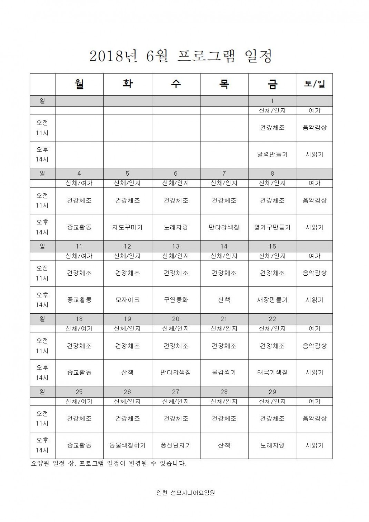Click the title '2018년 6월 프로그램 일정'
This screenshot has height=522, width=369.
coord(181,56)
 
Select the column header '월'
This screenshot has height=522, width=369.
coord(79,84)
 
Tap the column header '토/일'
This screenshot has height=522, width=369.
coord(315,84)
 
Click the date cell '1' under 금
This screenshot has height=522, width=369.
coord(272,101)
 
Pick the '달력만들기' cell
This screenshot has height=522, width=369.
coord(272,155)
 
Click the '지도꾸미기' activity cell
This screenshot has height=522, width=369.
coord(128,227)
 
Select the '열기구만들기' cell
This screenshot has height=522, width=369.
coord(272,227)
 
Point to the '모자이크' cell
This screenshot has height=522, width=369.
coord(128,300)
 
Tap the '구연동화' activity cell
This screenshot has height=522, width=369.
coord(176,300)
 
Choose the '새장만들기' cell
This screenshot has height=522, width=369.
coord(272,300)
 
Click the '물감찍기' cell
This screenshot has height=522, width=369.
coord(224,373)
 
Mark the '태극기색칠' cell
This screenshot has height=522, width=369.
coord(272,373)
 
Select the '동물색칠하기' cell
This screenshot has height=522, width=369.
coord(128,445)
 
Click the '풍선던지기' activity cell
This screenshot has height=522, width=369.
coord(176,445)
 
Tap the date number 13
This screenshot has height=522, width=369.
coord(176,246)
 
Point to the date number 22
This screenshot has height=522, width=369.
coord(272,319)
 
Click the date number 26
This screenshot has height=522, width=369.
coord(128,392)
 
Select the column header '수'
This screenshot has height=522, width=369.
coord(176,84)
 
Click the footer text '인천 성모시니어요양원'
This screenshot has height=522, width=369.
coord(186,493)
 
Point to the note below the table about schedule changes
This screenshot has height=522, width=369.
coord(109,464)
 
